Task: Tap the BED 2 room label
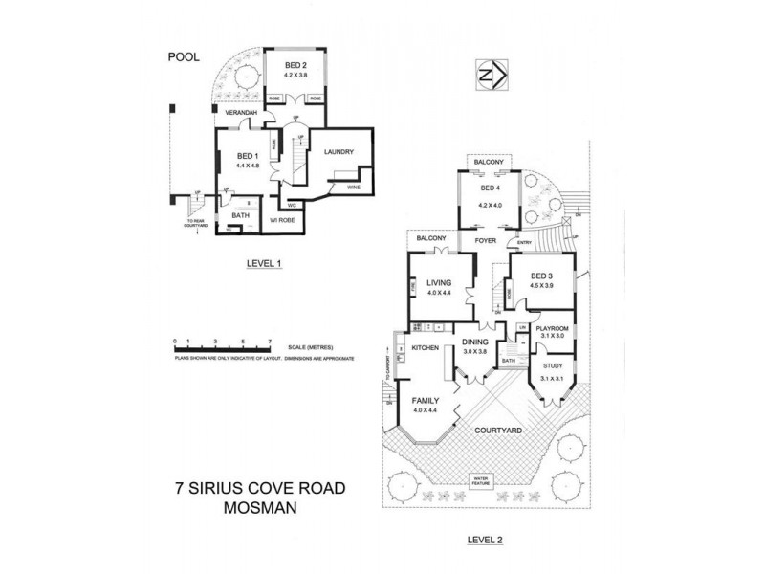coord(297,65)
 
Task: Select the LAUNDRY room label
coord(339,152)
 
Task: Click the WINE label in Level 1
coord(353,188)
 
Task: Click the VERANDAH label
coord(242,113)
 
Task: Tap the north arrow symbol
coord(490,75)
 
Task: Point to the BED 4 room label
coord(490,189)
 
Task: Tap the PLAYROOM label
coord(554,326)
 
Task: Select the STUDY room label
coord(553,365)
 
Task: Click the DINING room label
coord(475,342)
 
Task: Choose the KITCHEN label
coord(425,347)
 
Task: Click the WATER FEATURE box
coord(479,479)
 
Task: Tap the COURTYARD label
coord(498,431)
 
